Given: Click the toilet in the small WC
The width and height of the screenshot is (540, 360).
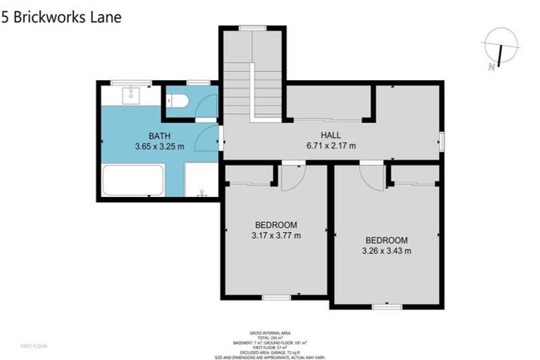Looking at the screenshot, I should pyautogui.click(x=179, y=102).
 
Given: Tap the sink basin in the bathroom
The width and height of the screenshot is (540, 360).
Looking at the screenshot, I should pyautogui.click(x=131, y=95).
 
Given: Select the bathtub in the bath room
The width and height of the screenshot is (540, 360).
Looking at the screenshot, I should pyautogui.click(x=133, y=180).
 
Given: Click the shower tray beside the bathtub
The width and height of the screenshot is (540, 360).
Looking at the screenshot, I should pyautogui.click(x=201, y=180).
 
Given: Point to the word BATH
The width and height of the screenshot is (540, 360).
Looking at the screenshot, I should pyautogui.click(x=160, y=136).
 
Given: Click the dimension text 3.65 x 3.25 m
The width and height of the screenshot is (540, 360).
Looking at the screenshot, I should pyautogui.click(x=160, y=147).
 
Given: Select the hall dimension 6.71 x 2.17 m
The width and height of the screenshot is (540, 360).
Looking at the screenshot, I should pyautogui.click(x=330, y=146).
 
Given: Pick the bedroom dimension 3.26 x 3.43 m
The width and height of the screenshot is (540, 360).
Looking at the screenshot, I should pyautogui.click(x=386, y=250).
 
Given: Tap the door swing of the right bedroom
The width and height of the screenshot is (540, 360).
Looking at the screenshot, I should pyautogui.click(x=373, y=176).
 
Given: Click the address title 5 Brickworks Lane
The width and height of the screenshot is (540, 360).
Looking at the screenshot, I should pyautogui.click(x=61, y=17).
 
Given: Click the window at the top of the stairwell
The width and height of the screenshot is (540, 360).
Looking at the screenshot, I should pyautogui.click(x=252, y=28).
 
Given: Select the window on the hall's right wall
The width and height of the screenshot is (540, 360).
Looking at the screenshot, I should pyautogui.click(x=442, y=141).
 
